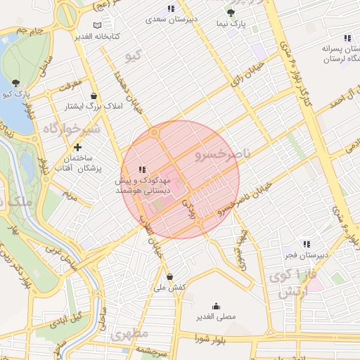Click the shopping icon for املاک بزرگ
[x=94, y=96]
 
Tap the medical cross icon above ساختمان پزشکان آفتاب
[x=78, y=148]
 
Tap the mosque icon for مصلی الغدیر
[x=215, y=306]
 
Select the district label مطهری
[x=129, y=333]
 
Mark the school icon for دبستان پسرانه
[x=346, y=38]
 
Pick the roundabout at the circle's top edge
[x=154, y=131]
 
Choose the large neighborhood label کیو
[x=132, y=55]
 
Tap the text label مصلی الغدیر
[x=215, y=317]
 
